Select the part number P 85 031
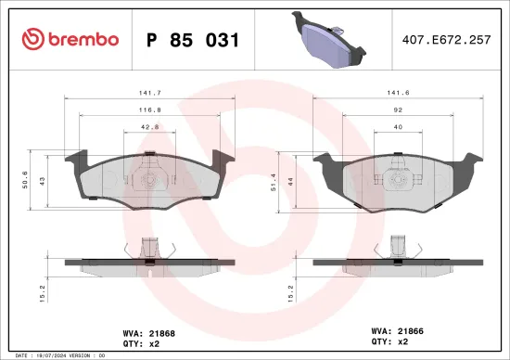pos(193,40)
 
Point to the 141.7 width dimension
pos(144,93)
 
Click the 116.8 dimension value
pos(144,109)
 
